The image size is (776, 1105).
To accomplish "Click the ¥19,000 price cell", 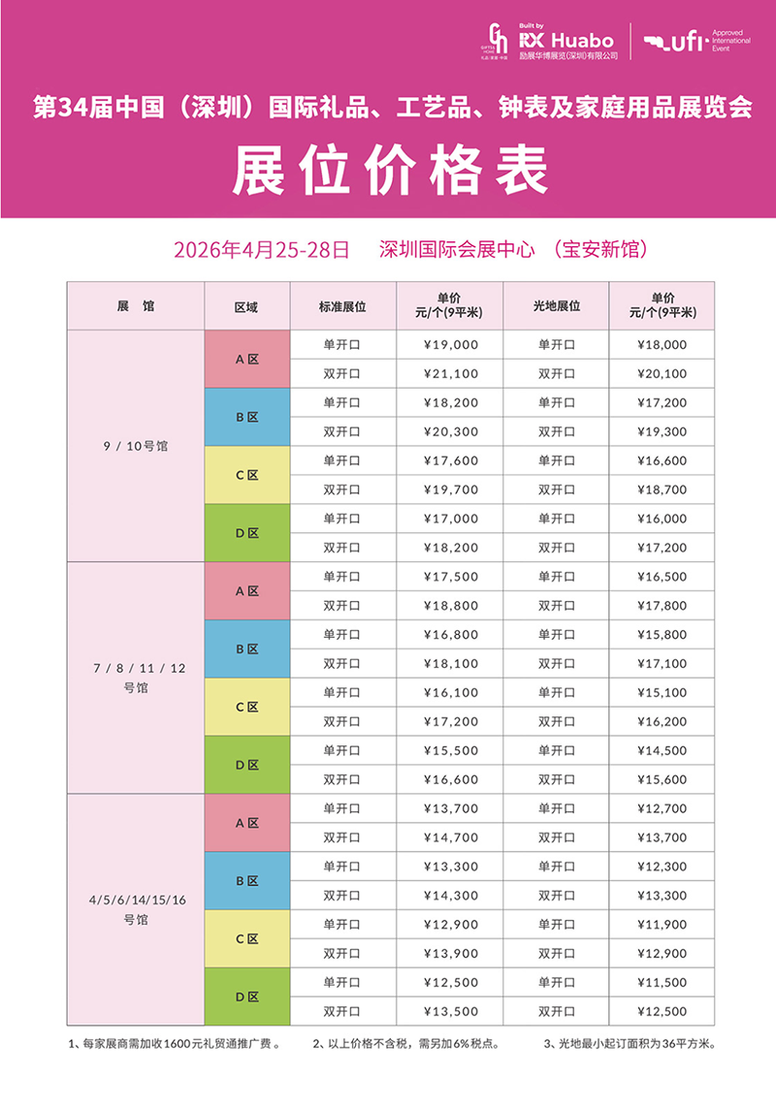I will [x=450, y=344].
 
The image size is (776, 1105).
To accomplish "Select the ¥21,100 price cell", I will [x=450, y=373].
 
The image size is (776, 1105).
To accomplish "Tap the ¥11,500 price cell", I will [x=663, y=983].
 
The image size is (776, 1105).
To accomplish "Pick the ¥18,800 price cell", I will [x=450, y=606].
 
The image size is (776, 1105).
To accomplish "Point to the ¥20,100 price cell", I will [x=663, y=373].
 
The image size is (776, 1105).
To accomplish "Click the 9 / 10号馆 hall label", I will [x=136, y=446].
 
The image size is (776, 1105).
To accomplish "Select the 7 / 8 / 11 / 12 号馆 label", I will [x=136, y=678].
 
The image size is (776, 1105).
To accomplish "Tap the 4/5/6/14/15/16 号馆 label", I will [x=136, y=909].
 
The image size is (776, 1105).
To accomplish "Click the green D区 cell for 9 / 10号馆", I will [x=247, y=533].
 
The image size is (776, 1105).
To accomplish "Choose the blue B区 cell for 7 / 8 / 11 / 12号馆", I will [x=247, y=648].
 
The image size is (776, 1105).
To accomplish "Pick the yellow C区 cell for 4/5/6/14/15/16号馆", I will [x=247, y=938].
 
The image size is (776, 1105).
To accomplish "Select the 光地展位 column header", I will [x=557, y=305].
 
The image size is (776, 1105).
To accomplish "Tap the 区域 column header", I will [x=246, y=305].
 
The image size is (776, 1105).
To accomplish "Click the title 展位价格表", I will [x=388, y=172].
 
